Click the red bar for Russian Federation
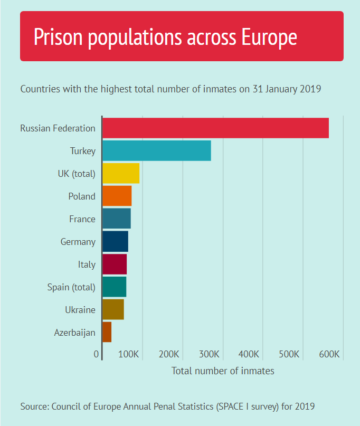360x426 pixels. (x=215, y=128)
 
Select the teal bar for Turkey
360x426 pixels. (x=156, y=151)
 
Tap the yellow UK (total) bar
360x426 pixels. (x=121, y=173)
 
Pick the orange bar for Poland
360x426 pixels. (x=117, y=196)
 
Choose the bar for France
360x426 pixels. (x=116, y=219)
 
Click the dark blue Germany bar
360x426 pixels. (x=115, y=241)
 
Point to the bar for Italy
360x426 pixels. (x=115, y=264)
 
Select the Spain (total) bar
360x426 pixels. (x=114, y=287)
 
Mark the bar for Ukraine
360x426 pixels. (x=113, y=309)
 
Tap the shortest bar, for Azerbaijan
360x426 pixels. (x=107, y=332)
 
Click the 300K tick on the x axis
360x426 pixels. (x=210, y=354)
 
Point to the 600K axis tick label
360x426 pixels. (x=330, y=354)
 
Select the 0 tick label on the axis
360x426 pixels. (x=96, y=354)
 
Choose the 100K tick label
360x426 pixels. (x=129, y=354)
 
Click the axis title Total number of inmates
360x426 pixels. (x=223, y=371)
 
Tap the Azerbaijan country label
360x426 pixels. (x=74, y=333)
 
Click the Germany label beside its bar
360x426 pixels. (x=78, y=242)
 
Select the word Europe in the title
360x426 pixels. (x=269, y=37)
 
